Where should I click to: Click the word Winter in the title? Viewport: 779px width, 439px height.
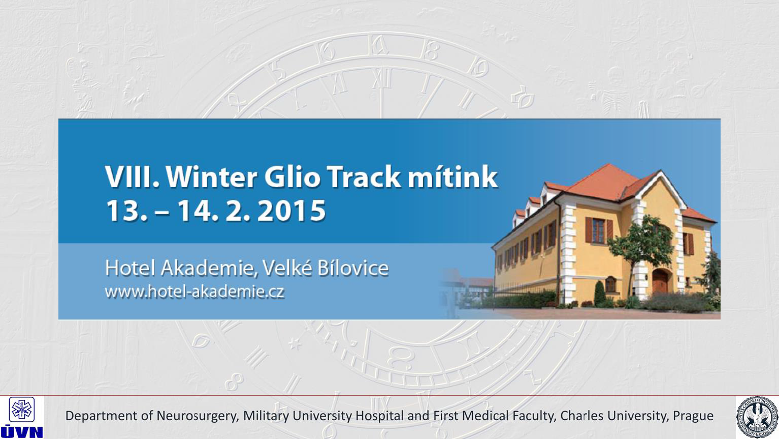(x=211, y=177)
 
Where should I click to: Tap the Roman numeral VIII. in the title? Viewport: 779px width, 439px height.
(x=132, y=177)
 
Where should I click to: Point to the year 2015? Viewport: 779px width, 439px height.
(x=291, y=211)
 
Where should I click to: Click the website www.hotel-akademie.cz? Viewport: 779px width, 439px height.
(x=195, y=291)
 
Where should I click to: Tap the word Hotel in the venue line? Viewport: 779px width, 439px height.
(x=130, y=268)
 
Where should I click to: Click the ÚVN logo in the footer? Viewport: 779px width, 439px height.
(x=21, y=417)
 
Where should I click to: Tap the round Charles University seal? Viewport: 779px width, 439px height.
(x=757, y=417)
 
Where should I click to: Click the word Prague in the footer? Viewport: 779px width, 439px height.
(x=693, y=416)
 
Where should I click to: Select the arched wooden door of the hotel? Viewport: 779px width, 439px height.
(x=660, y=281)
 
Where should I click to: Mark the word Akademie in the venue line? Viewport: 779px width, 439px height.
(x=208, y=268)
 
